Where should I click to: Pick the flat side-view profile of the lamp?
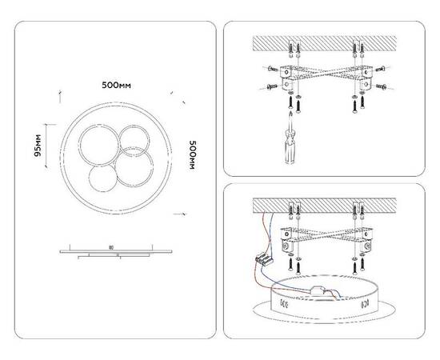point(115,250)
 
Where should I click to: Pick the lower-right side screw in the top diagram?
point(382,85)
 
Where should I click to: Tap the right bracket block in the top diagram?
point(366,76)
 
